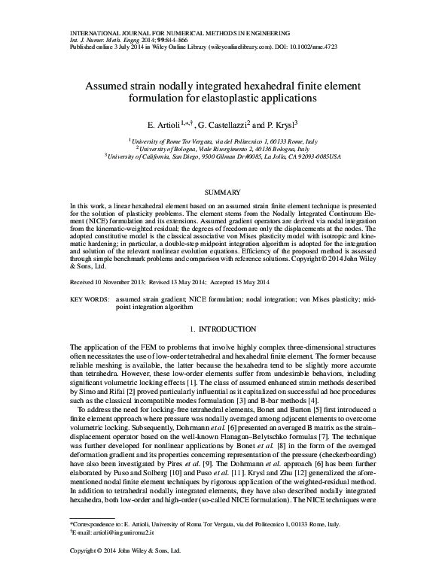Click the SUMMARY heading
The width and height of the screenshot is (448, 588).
(224, 192)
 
